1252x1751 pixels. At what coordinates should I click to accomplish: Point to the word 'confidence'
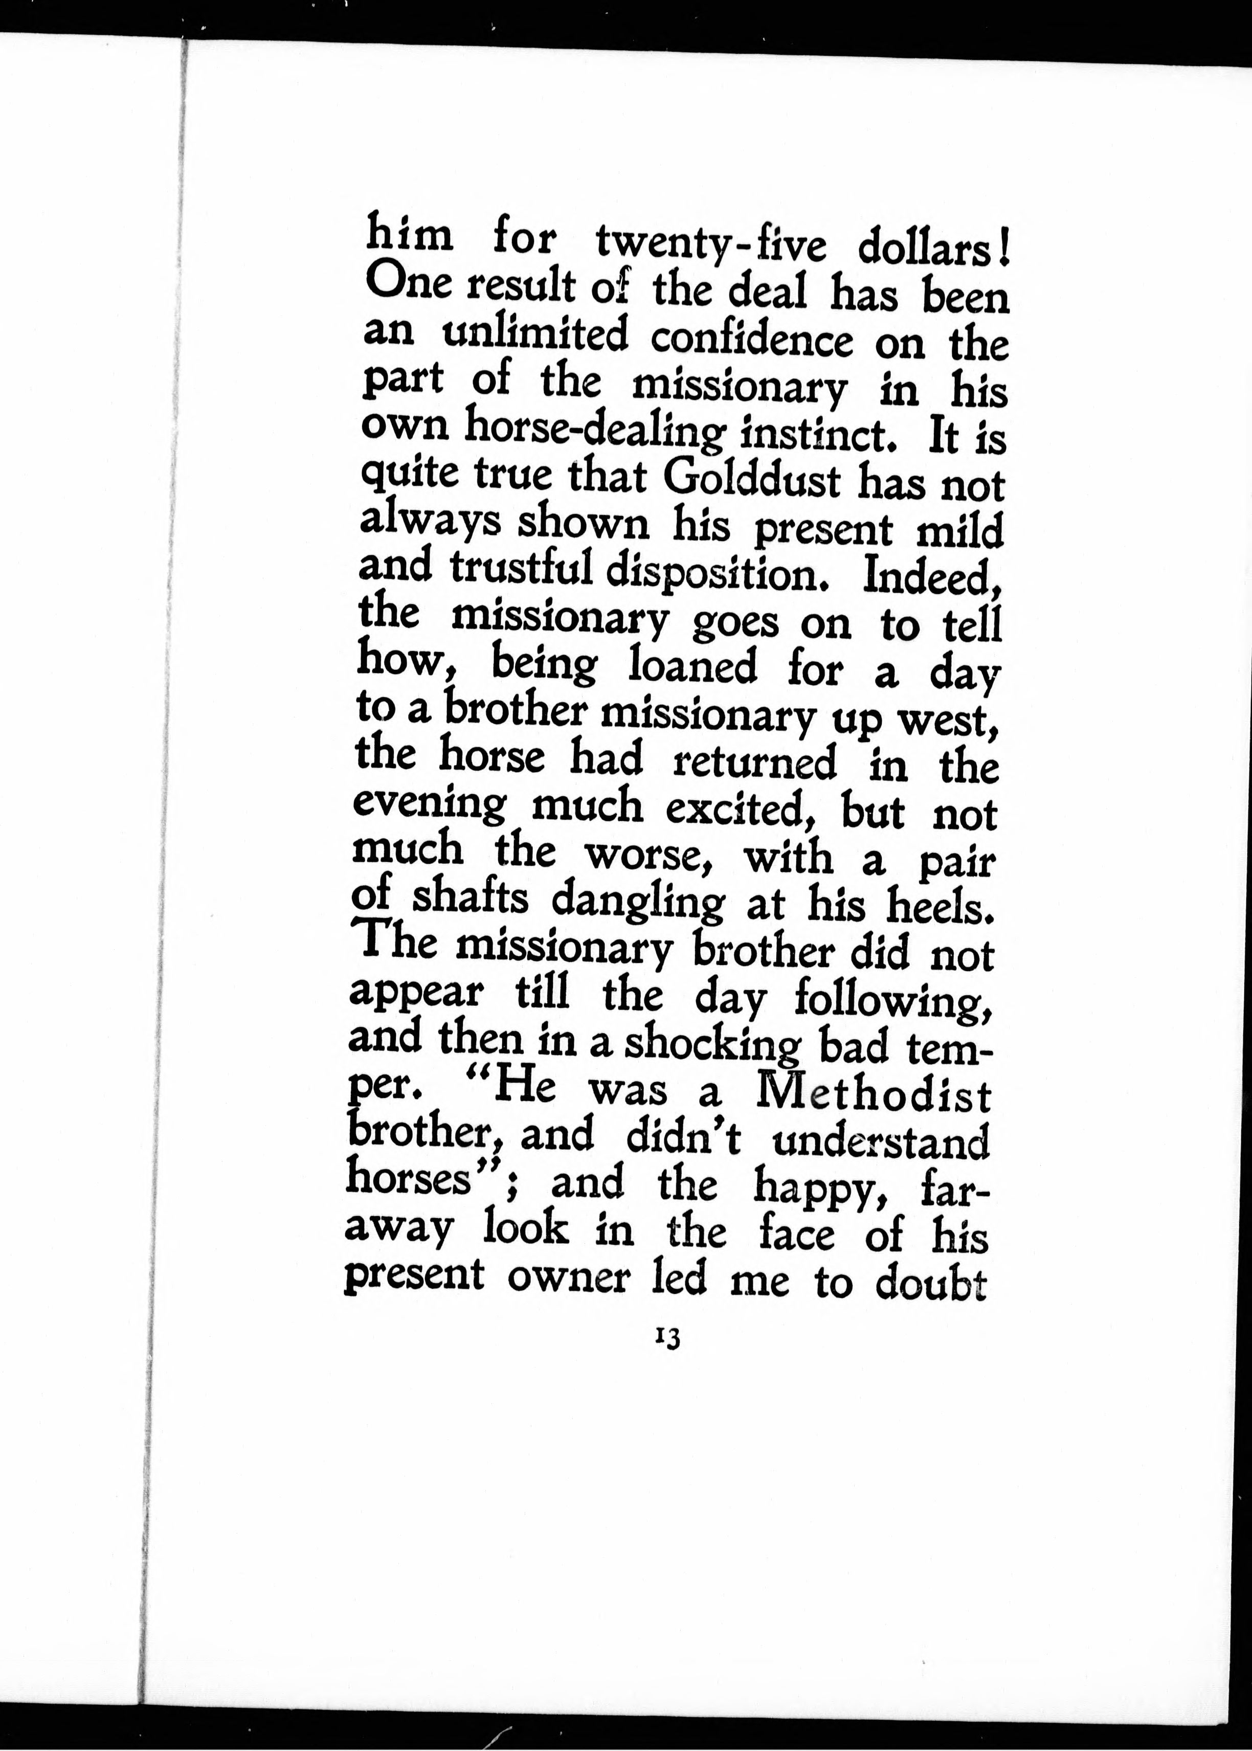752,340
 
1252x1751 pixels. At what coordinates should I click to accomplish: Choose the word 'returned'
755,763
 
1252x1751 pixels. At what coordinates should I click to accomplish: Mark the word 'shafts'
471,899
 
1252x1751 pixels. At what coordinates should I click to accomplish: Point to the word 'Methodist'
874,1093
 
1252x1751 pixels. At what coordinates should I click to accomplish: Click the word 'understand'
880,1139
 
